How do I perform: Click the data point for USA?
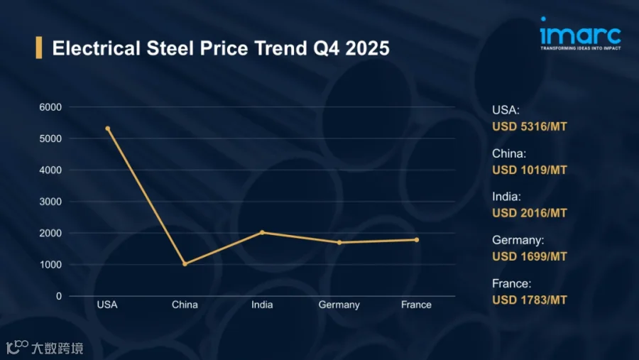click(108, 129)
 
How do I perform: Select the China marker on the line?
click(185, 263)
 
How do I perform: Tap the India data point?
click(262, 232)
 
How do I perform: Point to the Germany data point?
click(339, 243)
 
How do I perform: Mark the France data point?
click(417, 240)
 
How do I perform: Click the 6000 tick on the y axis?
click(50, 107)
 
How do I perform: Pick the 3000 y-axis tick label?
click(50, 202)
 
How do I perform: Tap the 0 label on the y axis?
click(59, 296)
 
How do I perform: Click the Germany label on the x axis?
click(339, 305)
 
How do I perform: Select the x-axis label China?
click(185, 305)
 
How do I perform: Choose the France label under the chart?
click(416, 305)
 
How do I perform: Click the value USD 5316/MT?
click(530, 126)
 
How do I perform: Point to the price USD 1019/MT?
click(530, 170)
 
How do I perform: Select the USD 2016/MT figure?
click(530, 213)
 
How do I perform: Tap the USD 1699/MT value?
click(530, 256)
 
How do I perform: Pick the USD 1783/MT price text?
click(530, 300)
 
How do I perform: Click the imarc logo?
click(580, 33)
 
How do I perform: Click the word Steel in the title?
click(170, 48)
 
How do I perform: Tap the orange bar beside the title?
click(39, 48)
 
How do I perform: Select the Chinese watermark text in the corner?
click(58, 348)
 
